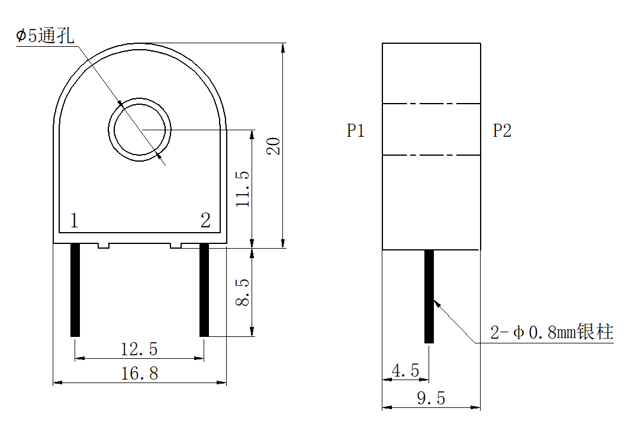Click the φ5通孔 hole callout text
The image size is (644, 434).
coord(45,36)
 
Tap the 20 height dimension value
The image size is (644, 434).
coord(273,146)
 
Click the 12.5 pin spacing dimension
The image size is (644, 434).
coord(139,349)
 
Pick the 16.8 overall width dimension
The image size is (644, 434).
coord(139,374)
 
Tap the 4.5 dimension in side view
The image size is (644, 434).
coord(405,371)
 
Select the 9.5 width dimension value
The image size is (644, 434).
coord(431,398)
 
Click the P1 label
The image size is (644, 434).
coord(355,131)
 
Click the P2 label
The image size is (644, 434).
coord(502,131)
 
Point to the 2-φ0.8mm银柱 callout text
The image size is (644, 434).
coord(552,332)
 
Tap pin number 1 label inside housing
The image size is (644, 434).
coord(74,221)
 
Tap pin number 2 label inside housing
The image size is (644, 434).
coord(205,221)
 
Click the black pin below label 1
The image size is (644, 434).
coord(75,290)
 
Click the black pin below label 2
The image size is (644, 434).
coord(204,290)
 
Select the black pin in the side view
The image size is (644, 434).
coord(429,296)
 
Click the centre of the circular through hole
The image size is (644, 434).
coord(140,129)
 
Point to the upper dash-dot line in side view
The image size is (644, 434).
coord(431,104)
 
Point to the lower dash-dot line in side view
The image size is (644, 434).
coord(431,156)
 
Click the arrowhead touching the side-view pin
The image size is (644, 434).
coord(436,303)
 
